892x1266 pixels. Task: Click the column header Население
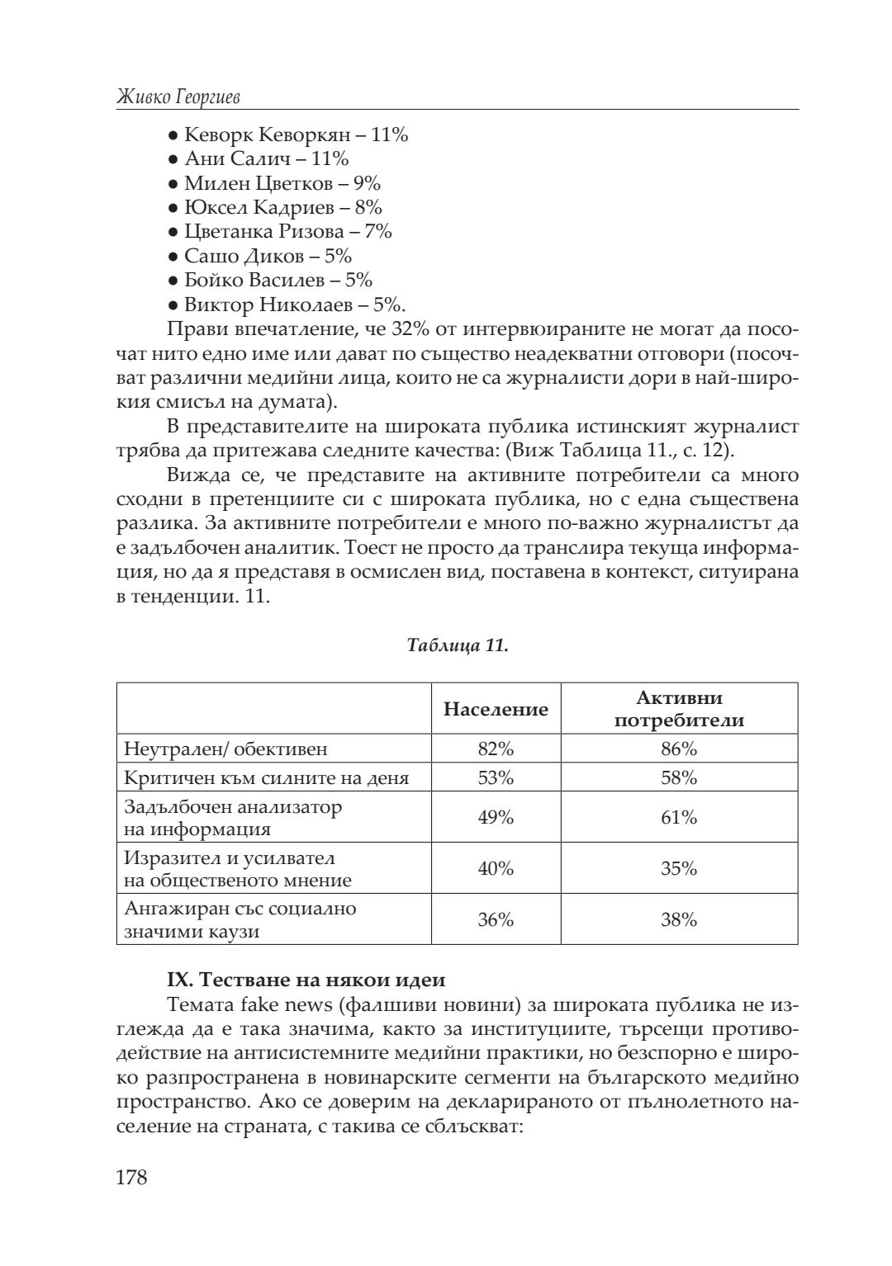coord(496,709)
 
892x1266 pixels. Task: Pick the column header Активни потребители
coord(679,709)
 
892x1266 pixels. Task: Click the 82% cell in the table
coord(496,749)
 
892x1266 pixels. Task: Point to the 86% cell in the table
coord(679,749)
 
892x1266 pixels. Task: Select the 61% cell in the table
coord(679,817)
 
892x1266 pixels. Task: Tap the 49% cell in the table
coord(496,817)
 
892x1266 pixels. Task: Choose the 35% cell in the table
coord(679,868)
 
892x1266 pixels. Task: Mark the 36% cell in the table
coord(496,919)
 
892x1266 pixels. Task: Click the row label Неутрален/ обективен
coord(225,749)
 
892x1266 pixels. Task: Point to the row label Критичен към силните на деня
coord(266,777)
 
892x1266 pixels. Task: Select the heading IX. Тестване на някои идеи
coord(306,980)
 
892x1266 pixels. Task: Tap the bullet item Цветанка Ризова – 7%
coord(287,231)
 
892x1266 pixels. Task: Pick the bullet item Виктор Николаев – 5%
coord(293,305)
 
